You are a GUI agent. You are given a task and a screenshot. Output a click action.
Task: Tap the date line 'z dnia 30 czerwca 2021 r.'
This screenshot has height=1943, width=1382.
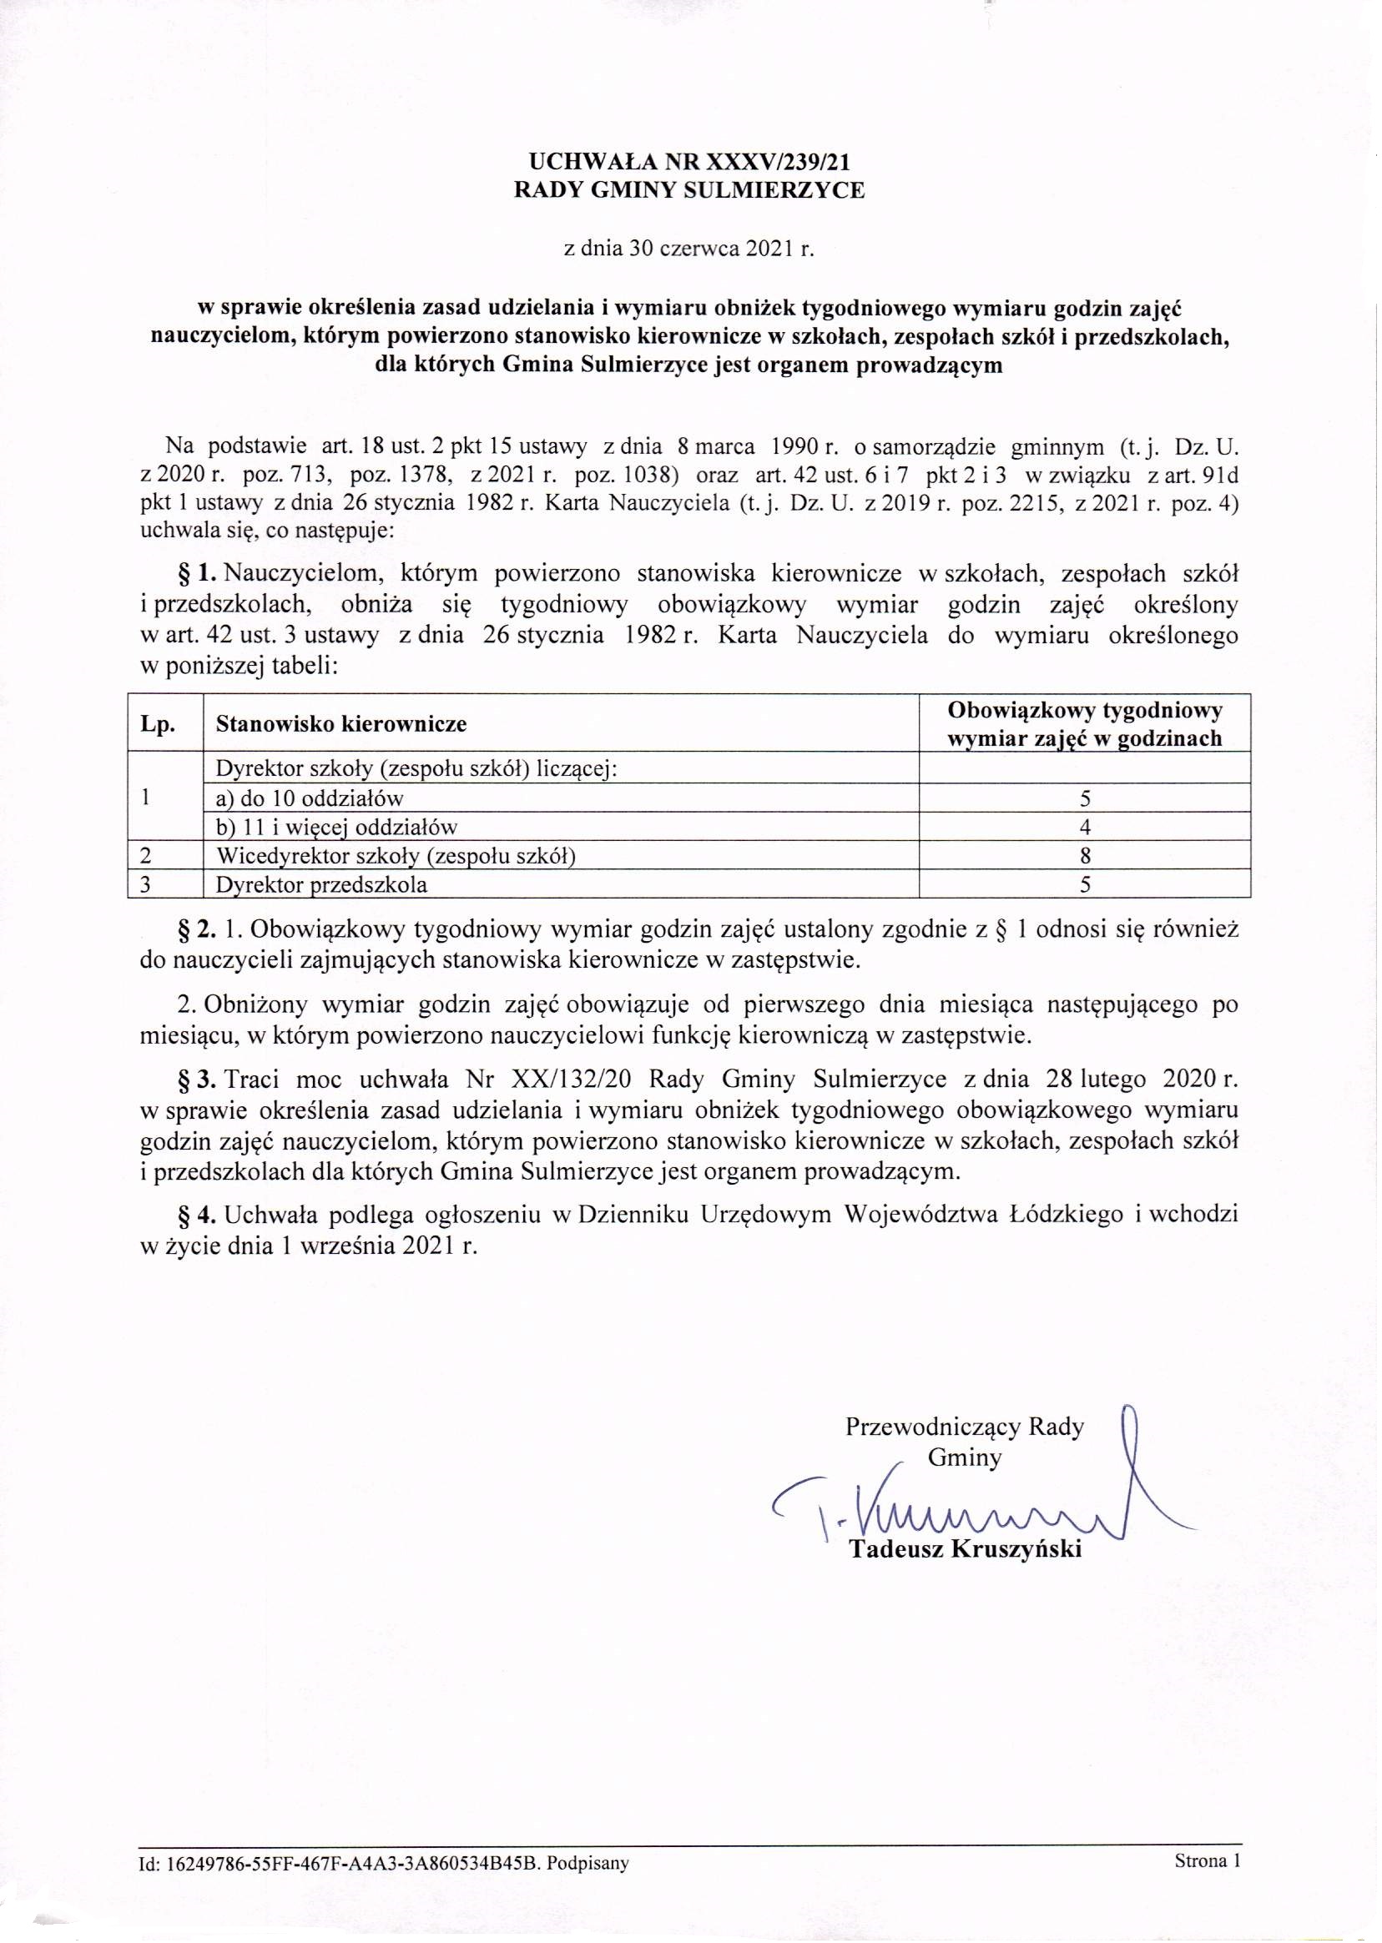point(690,249)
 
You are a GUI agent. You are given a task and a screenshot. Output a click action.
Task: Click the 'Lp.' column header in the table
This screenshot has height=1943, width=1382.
point(159,725)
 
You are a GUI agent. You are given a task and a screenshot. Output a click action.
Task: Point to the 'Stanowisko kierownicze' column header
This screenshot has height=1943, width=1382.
point(341,725)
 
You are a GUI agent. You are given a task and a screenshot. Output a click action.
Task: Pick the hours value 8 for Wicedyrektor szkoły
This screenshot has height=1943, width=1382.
point(1085,856)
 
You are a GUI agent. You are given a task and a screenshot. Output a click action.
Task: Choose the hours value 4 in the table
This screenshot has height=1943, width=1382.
point(1085,827)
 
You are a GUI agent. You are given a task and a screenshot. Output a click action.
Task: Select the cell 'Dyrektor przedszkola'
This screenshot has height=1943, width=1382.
point(321,884)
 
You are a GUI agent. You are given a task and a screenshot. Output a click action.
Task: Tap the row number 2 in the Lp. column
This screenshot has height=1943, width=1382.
point(145,856)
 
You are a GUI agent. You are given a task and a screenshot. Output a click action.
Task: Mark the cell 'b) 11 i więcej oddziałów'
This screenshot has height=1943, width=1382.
point(337,827)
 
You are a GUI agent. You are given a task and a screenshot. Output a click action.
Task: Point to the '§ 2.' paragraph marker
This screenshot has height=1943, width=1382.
point(197,930)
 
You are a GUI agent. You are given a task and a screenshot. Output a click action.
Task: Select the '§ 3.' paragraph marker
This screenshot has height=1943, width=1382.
point(197,1080)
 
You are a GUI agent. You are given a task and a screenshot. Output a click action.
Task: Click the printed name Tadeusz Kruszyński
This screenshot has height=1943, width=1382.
point(965,1548)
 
